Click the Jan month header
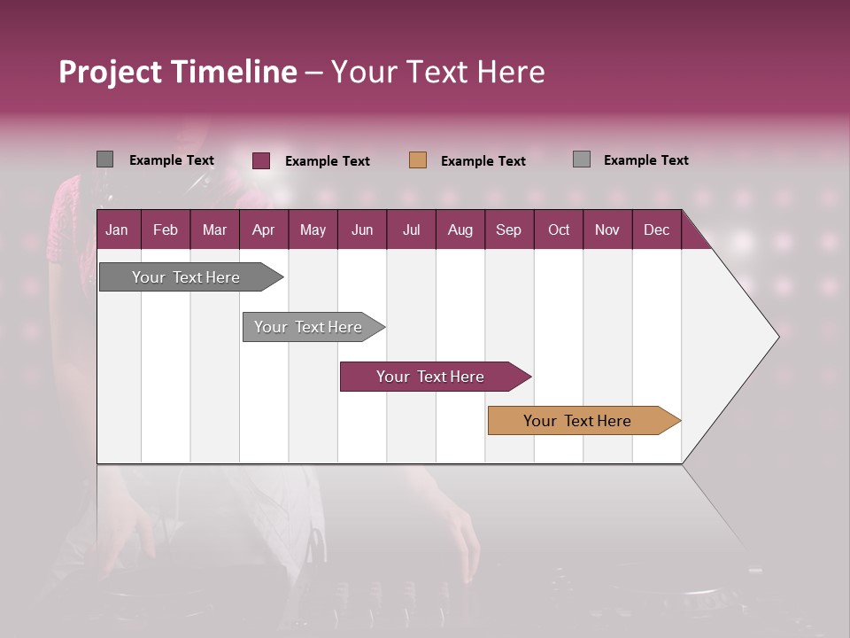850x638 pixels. pos(117,230)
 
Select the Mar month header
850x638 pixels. pos(214,230)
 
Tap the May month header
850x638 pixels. pos(313,230)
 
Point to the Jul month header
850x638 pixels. pos(411,230)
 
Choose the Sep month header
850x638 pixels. pos(508,230)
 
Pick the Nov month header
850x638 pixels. pos(607,230)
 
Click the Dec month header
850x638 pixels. pos(656,230)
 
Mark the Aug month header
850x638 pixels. pos(460,230)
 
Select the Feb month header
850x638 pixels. pos(166,230)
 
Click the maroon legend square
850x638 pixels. pos(261,160)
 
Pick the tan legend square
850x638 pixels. pos(418,160)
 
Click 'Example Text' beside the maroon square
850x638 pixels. pos(327,161)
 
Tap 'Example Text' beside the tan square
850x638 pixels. pos(483,161)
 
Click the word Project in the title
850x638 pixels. pos(111,72)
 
